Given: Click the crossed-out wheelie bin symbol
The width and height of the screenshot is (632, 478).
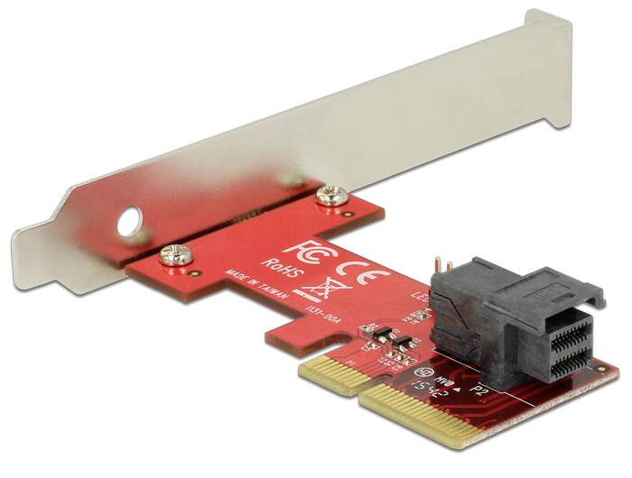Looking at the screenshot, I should click(309, 291).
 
